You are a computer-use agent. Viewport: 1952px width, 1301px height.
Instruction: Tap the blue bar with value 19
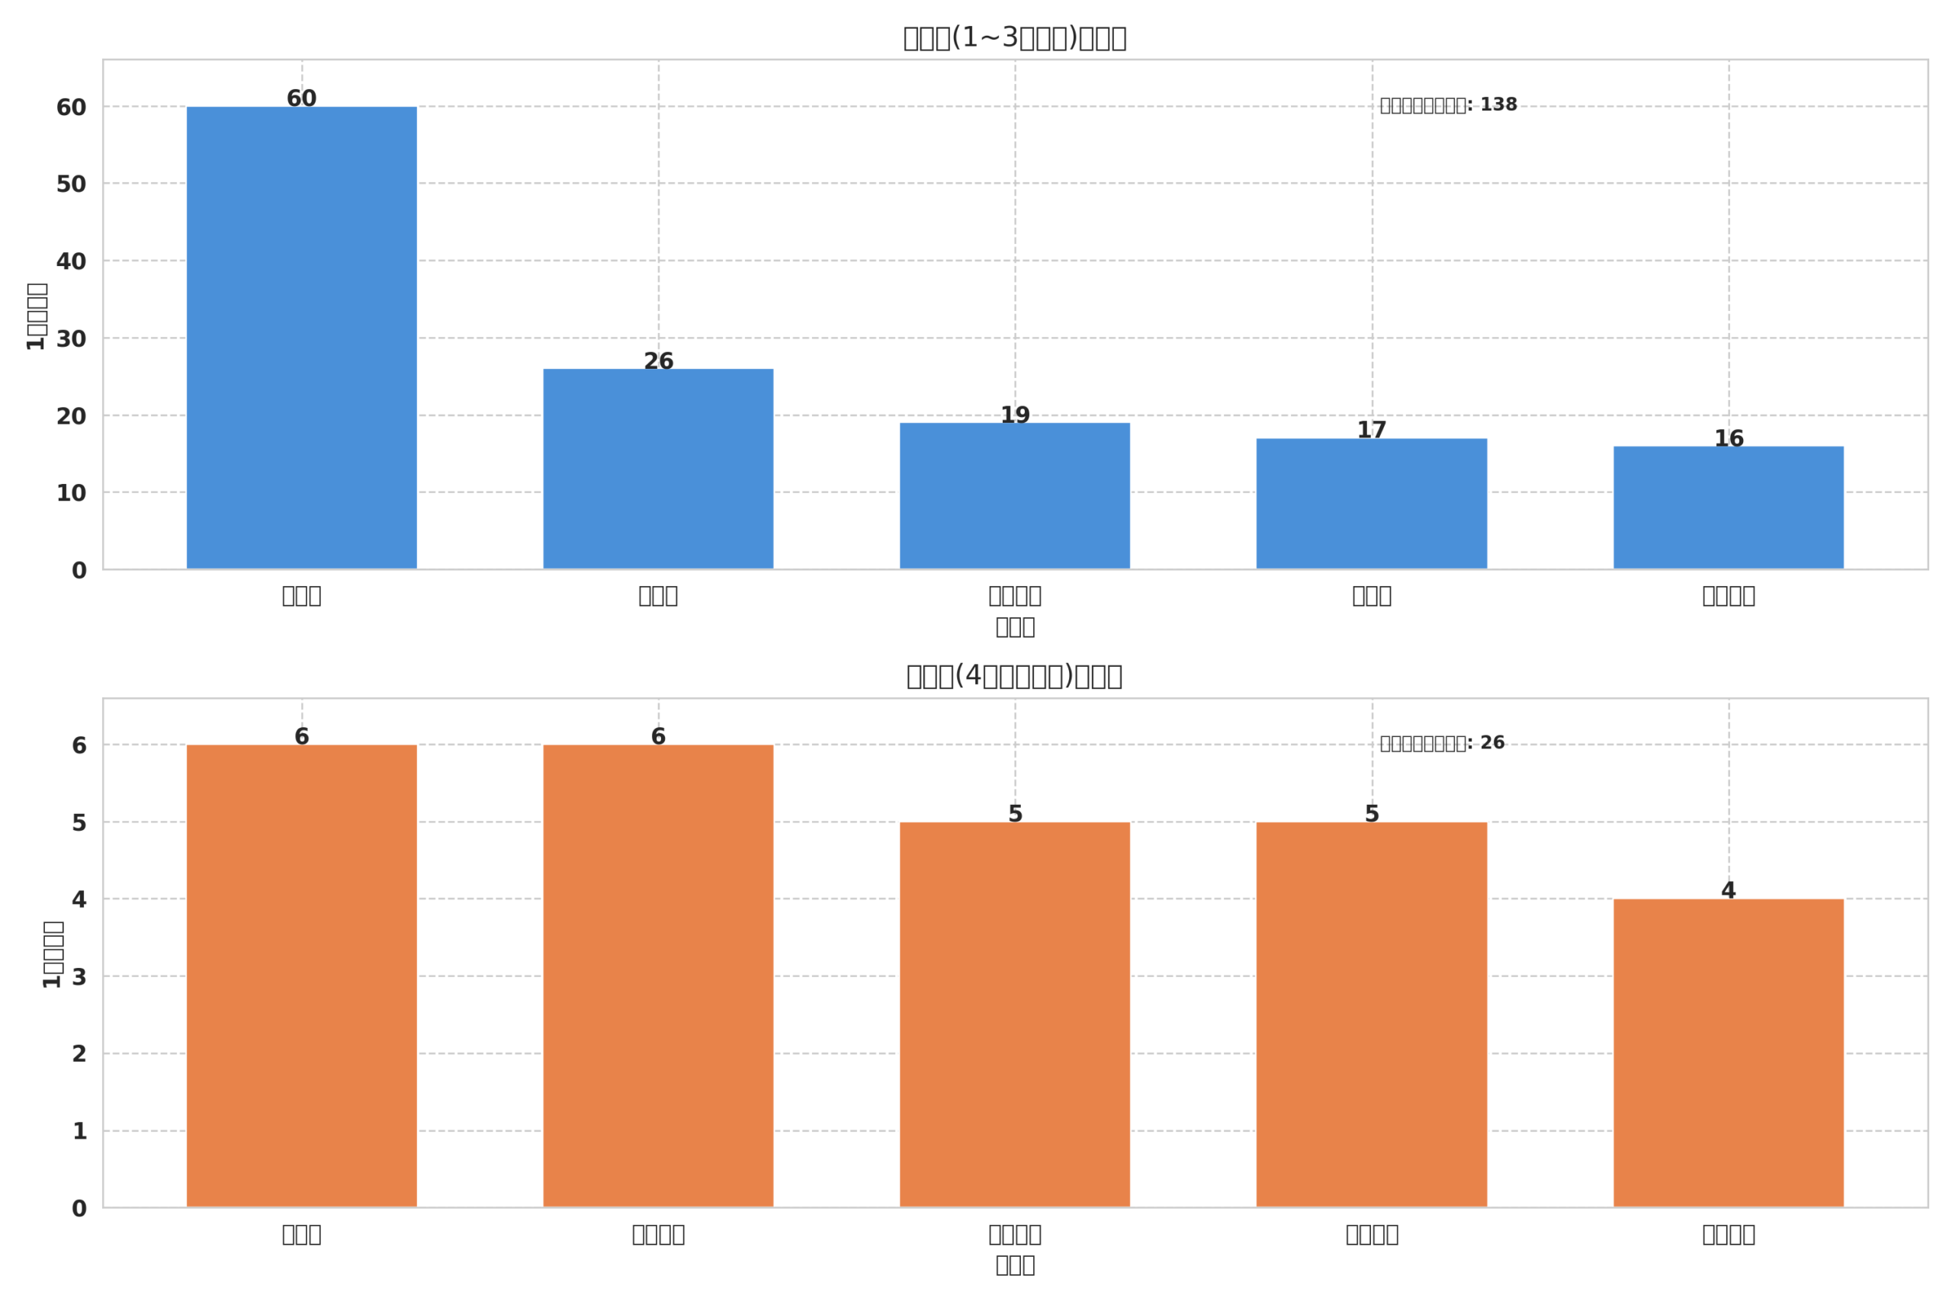(1014, 495)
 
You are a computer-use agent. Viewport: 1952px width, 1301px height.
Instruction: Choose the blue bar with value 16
(1728, 507)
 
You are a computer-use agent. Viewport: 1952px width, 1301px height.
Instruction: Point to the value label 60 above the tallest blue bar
(301, 99)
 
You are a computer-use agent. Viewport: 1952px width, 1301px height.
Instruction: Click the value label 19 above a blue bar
(1014, 415)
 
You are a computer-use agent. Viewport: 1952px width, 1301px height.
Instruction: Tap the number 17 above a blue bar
(1371, 430)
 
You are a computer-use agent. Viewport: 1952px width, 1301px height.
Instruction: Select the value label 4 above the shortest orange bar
(1728, 890)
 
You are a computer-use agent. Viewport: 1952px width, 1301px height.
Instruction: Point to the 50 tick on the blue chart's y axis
(72, 184)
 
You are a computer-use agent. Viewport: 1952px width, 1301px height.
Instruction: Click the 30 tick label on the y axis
(72, 338)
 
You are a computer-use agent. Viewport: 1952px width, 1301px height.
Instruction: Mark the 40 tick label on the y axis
(72, 261)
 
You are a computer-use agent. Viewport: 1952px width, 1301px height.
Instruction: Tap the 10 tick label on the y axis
(72, 493)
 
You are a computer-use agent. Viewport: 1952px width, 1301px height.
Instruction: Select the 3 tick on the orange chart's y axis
(79, 976)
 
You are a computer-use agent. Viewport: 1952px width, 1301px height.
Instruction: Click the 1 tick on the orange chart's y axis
(79, 1131)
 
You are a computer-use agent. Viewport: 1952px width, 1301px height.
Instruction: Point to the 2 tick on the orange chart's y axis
(79, 1054)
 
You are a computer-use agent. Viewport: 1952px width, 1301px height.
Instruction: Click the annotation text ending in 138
(1448, 104)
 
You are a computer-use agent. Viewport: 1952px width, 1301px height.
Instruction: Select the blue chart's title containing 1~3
(1014, 38)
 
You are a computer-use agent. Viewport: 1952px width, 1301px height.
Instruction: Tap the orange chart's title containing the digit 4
(1014, 676)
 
